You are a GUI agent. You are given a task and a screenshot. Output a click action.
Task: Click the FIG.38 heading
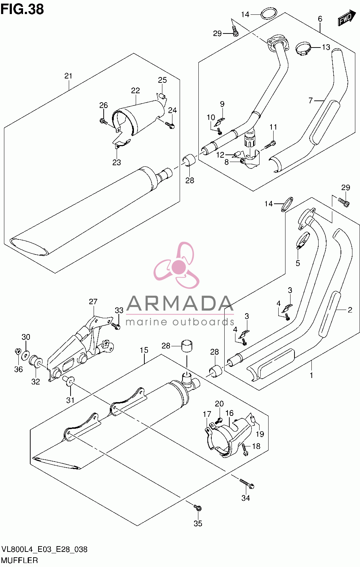click(x=22, y=9)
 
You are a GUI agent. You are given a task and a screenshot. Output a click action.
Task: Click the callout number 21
click(x=68, y=76)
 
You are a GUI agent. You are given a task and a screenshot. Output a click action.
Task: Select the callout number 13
click(x=326, y=47)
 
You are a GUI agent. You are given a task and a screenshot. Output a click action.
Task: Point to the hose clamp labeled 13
click(x=303, y=49)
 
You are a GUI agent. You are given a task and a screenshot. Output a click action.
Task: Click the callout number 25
click(x=162, y=80)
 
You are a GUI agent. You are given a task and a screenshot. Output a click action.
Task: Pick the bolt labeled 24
click(x=170, y=125)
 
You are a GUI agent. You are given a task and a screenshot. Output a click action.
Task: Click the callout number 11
click(x=273, y=127)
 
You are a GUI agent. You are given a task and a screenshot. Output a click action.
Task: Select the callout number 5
click(x=298, y=263)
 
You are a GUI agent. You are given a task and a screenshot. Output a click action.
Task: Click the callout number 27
click(x=93, y=301)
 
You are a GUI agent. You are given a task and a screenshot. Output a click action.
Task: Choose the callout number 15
click(x=144, y=350)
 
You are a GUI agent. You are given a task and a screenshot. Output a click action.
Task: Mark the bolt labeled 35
click(x=198, y=507)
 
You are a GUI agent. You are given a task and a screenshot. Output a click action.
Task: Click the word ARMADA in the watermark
click(x=180, y=303)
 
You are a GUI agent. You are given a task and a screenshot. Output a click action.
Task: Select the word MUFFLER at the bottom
click(x=19, y=561)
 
